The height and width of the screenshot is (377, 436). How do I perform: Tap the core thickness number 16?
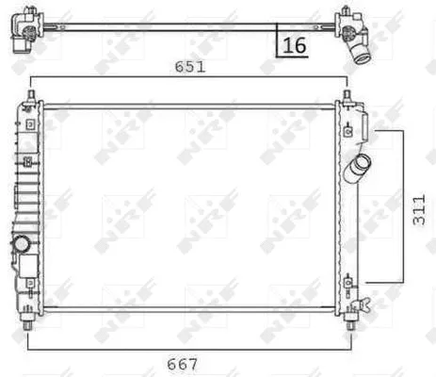point(295,43)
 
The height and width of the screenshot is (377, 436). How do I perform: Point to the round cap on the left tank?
point(21,243)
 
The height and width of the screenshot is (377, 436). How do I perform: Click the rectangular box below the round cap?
point(26,266)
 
